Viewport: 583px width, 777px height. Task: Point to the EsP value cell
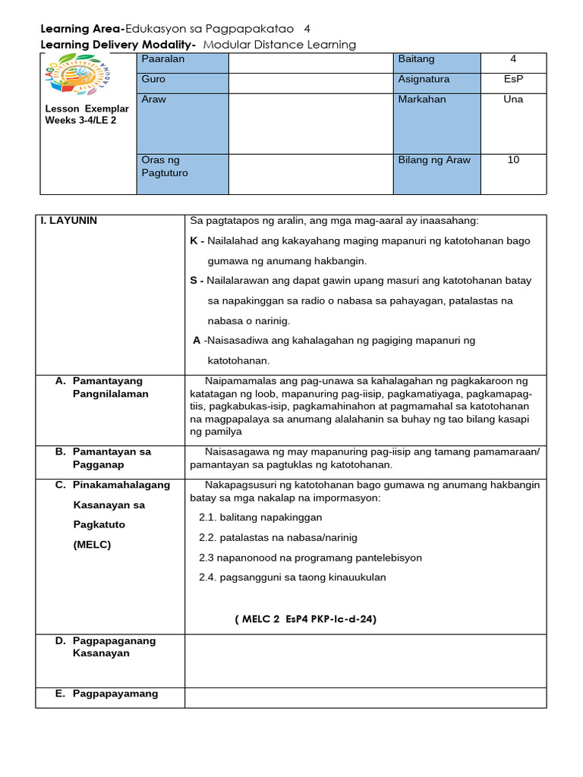point(513,79)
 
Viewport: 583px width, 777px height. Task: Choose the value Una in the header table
point(513,99)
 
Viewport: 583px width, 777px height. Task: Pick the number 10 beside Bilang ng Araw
point(513,160)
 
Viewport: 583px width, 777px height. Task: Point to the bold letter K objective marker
point(194,241)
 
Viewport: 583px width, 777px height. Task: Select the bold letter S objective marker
point(194,281)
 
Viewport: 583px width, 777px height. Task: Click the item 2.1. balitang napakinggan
point(260,517)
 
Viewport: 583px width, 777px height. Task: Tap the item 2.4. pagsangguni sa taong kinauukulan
point(292,577)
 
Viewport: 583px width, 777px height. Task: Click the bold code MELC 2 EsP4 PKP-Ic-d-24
point(305,619)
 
